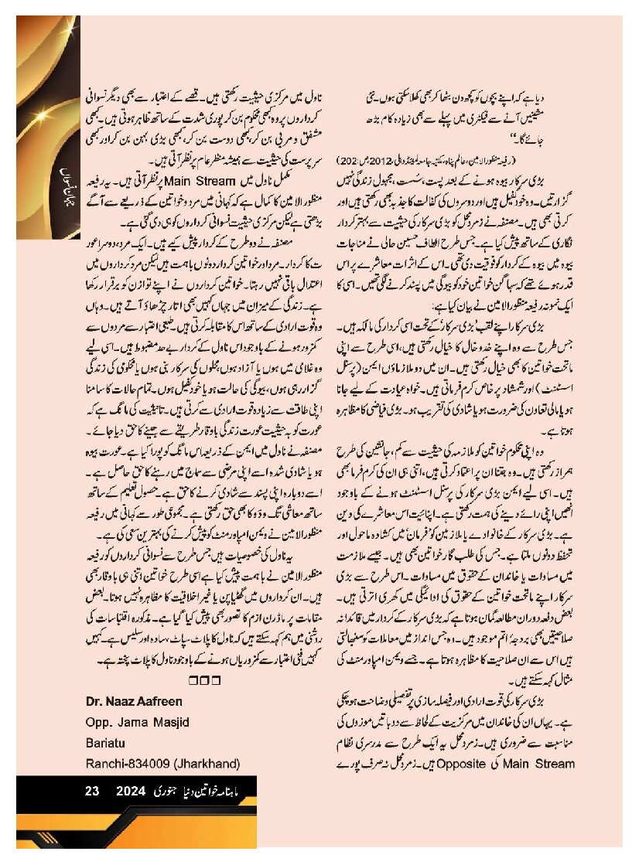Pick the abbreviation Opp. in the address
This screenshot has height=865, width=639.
coord(98,722)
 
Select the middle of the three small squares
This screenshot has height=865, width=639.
coord(205,680)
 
